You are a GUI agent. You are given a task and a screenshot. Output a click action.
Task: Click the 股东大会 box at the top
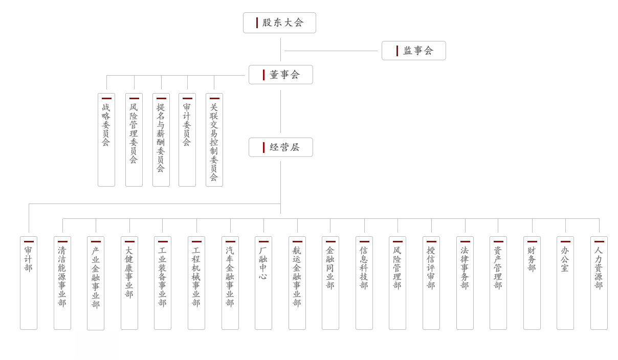(x=279, y=22)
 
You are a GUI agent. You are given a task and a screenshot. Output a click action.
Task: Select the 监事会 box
(x=413, y=51)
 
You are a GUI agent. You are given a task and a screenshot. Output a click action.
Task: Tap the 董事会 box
(x=280, y=75)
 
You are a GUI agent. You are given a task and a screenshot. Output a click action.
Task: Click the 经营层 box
(x=280, y=147)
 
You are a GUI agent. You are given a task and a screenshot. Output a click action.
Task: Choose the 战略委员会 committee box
(x=106, y=140)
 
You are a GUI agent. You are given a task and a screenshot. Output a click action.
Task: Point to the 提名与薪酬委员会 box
(x=161, y=140)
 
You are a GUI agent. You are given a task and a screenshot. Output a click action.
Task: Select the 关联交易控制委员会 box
(x=214, y=140)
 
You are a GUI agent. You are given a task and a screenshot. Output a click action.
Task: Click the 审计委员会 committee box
(x=187, y=140)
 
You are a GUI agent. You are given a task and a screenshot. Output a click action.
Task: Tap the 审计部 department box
(x=29, y=283)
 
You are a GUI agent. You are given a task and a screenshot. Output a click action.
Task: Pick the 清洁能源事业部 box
(x=62, y=283)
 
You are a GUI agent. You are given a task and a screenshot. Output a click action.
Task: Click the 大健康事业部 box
(x=129, y=283)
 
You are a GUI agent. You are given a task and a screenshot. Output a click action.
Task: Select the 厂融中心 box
(x=263, y=283)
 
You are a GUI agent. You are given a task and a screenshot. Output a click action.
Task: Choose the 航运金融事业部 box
(x=297, y=283)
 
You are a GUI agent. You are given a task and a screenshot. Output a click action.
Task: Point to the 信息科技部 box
(x=364, y=283)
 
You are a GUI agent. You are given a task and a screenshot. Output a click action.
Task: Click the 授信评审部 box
(x=431, y=283)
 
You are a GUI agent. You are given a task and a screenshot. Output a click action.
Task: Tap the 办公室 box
(x=565, y=283)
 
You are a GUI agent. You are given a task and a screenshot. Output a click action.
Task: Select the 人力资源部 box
(x=599, y=283)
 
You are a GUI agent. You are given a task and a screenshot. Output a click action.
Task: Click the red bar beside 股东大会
(x=257, y=22)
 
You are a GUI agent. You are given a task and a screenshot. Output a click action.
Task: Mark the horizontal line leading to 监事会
(x=330, y=51)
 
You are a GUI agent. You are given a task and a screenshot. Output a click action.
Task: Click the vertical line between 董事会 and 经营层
(x=280, y=111)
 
